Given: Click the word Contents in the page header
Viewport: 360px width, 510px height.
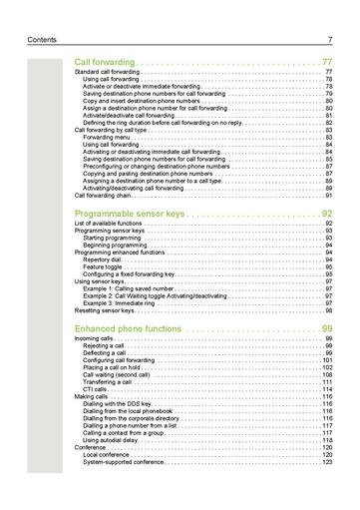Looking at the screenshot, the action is pos(45,40).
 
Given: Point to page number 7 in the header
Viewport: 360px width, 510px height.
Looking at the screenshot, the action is pos(328,40).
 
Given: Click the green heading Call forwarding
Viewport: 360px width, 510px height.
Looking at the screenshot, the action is pos(107,62).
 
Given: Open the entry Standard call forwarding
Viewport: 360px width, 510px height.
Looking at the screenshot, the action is pos(110,73).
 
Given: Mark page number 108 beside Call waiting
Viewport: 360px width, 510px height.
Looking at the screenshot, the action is pos(326,374).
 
